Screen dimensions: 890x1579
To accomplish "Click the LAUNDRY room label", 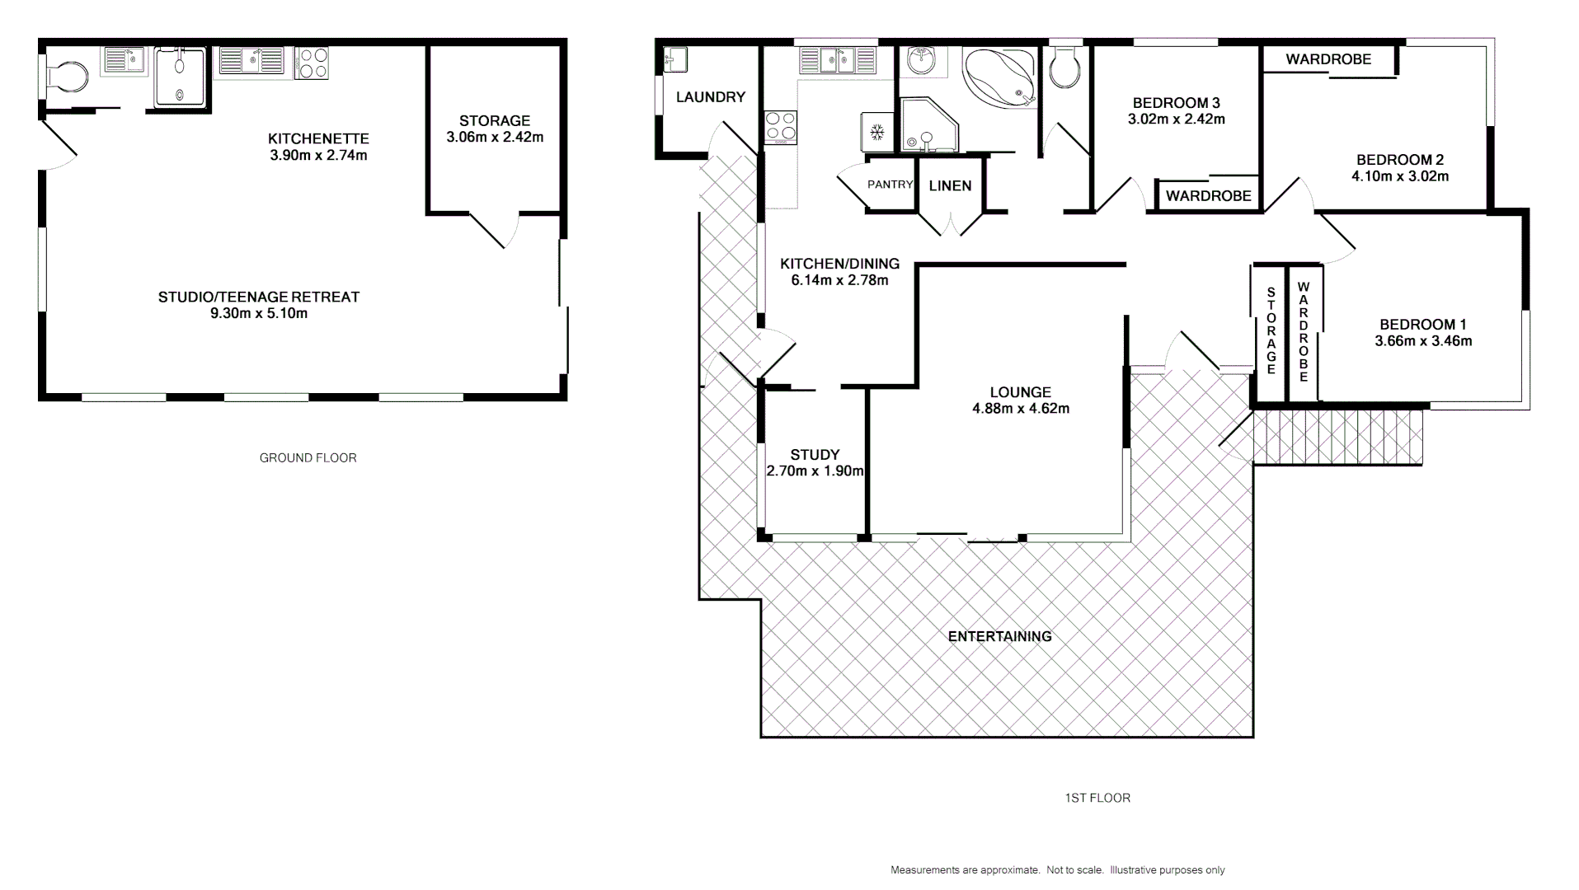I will click(710, 97).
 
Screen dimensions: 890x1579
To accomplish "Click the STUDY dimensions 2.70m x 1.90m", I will click(815, 471).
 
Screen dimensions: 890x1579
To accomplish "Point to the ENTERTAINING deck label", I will click(999, 636).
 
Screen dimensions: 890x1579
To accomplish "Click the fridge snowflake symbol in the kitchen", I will click(877, 131).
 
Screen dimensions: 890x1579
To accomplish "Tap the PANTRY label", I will click(890, 185).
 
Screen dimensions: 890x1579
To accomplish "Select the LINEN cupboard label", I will click(950, 186).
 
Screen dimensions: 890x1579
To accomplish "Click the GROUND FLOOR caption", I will click(308, 458).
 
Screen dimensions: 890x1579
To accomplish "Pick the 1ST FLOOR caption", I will click(1097, 798).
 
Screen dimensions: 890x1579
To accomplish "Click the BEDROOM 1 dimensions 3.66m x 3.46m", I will click(1422, 341).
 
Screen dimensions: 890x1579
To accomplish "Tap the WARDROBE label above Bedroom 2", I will click(1328, 59).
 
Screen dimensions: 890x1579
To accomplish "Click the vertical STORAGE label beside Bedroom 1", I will click(1271, 330).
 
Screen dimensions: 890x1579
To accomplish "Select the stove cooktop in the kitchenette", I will click(313, 63).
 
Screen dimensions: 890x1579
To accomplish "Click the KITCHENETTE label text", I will click(318, 138).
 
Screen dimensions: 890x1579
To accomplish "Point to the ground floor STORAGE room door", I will click(488, 230).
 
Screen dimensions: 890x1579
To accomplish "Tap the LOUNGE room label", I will click(1020, 393).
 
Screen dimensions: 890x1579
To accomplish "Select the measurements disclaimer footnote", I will click(1057, 870).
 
